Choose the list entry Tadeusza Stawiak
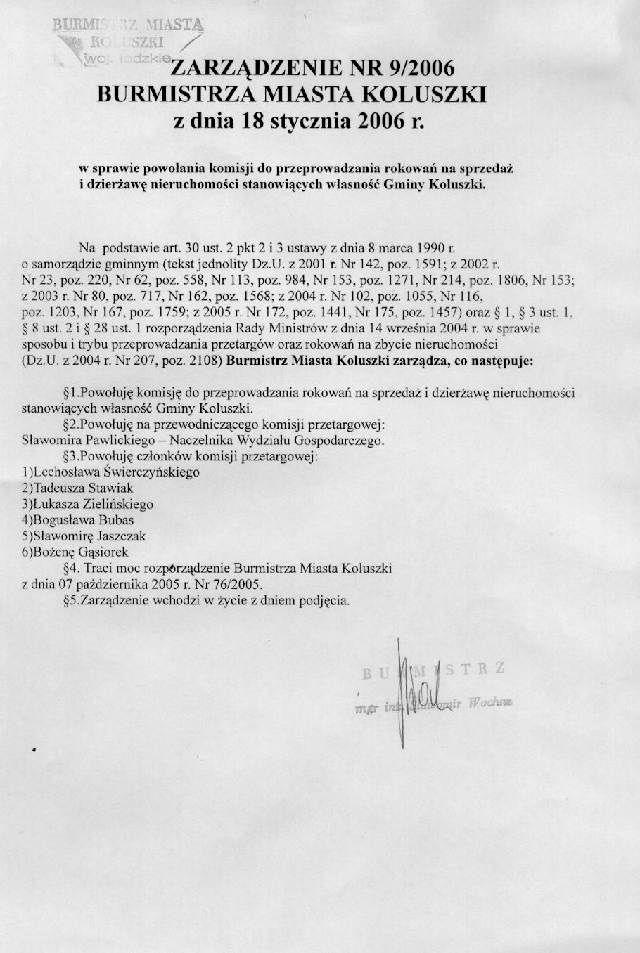[x=82, y=488]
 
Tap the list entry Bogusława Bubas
[x=83, y=520]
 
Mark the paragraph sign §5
[x=69, y=600]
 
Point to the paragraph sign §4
[x=69, y=568]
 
